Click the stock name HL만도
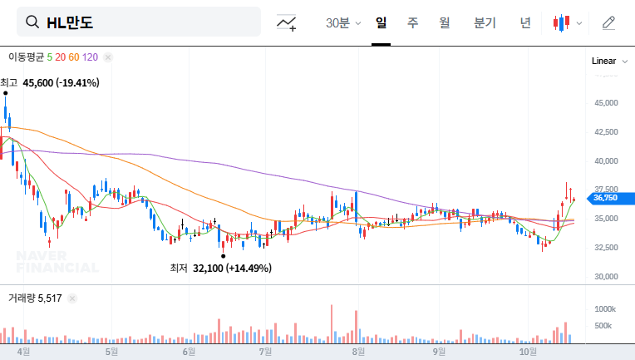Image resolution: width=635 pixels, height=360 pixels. coord(71,22)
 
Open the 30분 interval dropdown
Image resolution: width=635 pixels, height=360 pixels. coord(342,23)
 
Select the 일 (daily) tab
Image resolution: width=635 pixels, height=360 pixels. coord(381,22)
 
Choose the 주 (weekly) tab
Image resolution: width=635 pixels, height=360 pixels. coord(412,22)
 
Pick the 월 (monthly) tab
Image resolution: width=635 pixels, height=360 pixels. coord(445,22)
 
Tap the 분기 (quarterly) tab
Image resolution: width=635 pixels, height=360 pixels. coord(485,22)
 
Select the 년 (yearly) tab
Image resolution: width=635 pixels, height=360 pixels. coord(525,22)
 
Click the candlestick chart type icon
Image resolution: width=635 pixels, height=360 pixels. coord(562,23)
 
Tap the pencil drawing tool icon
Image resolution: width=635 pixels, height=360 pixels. coord(609,22)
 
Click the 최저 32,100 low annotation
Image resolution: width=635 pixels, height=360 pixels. coord(220,268)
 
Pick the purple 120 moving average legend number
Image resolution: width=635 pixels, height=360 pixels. coord(91,57)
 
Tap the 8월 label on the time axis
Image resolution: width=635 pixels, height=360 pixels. coord(359,352)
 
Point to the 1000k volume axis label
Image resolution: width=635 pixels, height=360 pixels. coord(605,308)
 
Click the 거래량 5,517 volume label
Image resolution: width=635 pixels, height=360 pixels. coord(35,297)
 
